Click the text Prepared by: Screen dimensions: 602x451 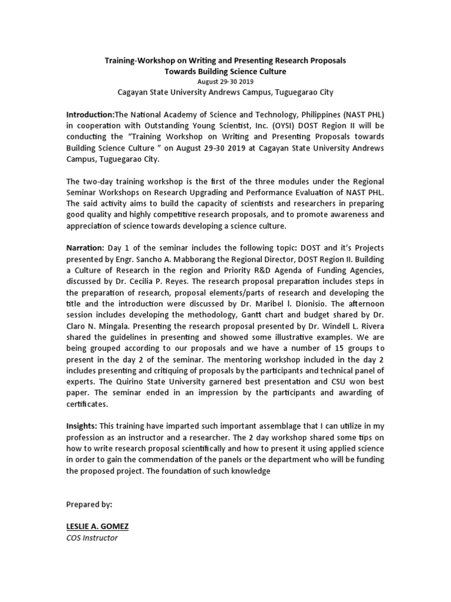pos(89,504)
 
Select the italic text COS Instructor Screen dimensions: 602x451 pos(92,538)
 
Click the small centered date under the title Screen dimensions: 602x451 pos(225,82)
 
